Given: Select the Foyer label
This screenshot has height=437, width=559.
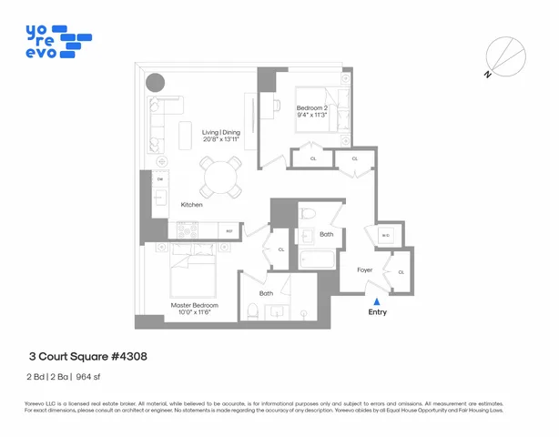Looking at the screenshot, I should pyautogui.click(x=365, y=269).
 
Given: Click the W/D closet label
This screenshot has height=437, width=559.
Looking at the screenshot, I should pyautogui.click(x=385, y=236).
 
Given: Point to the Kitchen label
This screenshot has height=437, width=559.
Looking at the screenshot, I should pyautogui.click(x=191, y=205).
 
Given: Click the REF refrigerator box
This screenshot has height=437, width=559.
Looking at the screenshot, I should pyautogui.click(x=229, y=233).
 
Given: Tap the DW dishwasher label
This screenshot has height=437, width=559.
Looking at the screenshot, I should pyautogui.click(x=160, y=179).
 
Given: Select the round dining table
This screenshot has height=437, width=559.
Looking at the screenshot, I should pyautogui.click(x=218, y=176).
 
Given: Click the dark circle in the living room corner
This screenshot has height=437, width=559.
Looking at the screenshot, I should pyautogui.click(x=157, y=82).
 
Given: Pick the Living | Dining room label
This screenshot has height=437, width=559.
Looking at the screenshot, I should pyautogui.click(x=219, y=136).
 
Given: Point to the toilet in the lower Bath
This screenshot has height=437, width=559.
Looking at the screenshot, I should pyautogui.click(x=252, y=311).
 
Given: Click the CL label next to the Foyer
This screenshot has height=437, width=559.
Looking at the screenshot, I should pyautogui.click(x=401, y=271).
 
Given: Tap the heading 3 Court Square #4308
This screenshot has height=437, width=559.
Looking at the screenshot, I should pyautogui.click(x=87, y=356).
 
